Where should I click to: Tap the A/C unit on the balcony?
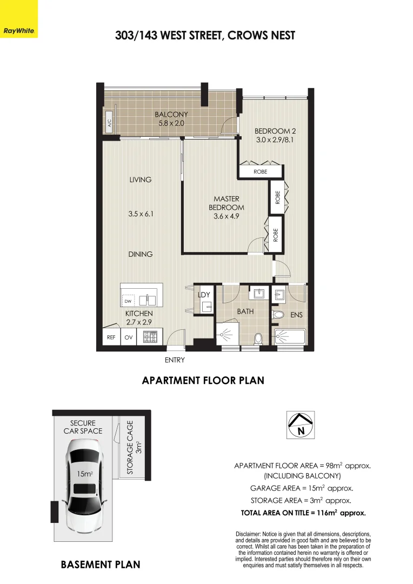(108, 125)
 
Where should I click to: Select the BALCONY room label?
(171, 114)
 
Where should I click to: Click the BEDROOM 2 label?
(275, 131)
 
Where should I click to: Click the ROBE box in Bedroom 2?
(261, 172)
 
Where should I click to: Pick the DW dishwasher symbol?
(128, 301)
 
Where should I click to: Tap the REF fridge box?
(111, 337)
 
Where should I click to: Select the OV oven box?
(129, 337)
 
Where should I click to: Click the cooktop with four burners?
(150, 337)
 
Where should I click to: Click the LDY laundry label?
(204, 294)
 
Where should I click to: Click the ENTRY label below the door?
(175, 360)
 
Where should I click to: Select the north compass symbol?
(300, 425)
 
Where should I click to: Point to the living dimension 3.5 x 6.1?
(141, 214)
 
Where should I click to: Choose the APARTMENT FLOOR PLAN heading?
(203, 381)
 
